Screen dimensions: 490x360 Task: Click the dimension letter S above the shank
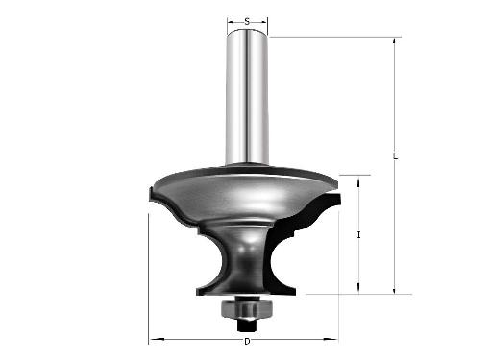pyautogui.click(x=247, y=22)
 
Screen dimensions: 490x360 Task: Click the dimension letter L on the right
pyautogui.click(x=396, y=156)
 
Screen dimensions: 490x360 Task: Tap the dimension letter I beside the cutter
pyautogui.click(x=358, y=235)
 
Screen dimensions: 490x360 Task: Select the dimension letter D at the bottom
pyautogui.click(x=247, y=342)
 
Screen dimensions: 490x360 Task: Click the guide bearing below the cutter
pyautogui.click(x=247, y=308)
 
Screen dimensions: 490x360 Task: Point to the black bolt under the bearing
pyautogui.click(x=247, y=325)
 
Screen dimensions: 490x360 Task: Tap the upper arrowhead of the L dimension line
pyautogui.click(x=395, y=42)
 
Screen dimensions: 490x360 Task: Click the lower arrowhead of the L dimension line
pyautogui.click(x=395, y=290)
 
